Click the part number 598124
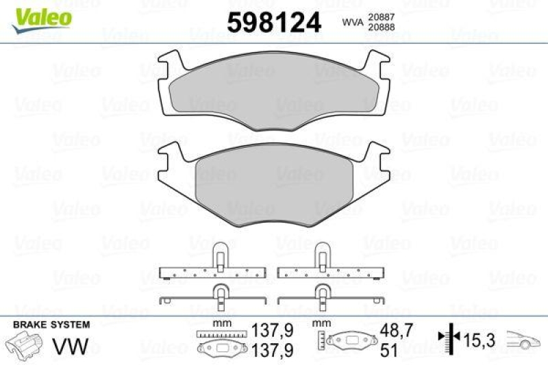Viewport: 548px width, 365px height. pos(274,23)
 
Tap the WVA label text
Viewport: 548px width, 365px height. pos(353,23)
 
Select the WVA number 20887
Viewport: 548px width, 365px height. pos(382,16)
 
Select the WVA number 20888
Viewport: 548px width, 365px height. pos(382,27)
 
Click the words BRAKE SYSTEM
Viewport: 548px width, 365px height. pos(51,325)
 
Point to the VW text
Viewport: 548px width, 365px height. pos(71,346)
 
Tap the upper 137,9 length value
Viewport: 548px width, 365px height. pos(272,330)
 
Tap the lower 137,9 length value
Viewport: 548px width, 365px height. pos(272,351)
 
